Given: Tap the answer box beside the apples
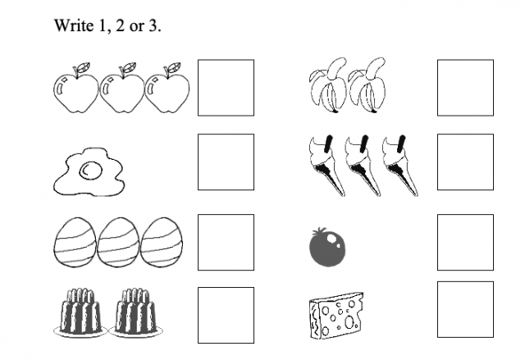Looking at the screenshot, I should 226,88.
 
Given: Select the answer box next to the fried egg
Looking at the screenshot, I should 226,162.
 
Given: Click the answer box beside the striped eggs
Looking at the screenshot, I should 226,242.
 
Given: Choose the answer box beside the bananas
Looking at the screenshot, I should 465,88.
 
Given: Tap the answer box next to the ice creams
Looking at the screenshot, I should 465,162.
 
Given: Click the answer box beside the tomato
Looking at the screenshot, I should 465,242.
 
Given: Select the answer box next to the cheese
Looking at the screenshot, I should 465,309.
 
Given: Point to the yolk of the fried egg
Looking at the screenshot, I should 88,171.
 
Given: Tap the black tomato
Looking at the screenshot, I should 326,248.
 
